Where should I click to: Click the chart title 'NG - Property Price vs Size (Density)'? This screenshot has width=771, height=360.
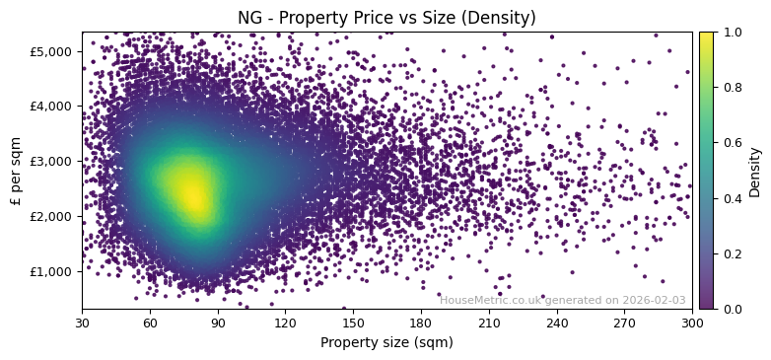coord(386,18)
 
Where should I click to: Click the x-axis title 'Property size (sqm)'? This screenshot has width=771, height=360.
coord(386,342)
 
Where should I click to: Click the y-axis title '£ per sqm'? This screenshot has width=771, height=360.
coord(16,170)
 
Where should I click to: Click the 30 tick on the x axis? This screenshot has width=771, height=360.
coord(82,322)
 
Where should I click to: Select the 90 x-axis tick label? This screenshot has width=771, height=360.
coord(218,322)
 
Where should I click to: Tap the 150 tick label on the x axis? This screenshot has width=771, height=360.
coord(353,322)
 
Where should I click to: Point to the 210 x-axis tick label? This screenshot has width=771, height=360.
coord(489,322)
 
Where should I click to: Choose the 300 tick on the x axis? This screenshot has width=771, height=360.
coord(692,322)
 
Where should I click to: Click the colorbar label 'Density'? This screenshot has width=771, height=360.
coord(755,171)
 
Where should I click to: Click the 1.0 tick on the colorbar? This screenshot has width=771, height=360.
coord(731,32)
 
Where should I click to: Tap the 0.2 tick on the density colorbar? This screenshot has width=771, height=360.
coord(731,253)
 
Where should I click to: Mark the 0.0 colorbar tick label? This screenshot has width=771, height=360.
coord(731,309)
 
